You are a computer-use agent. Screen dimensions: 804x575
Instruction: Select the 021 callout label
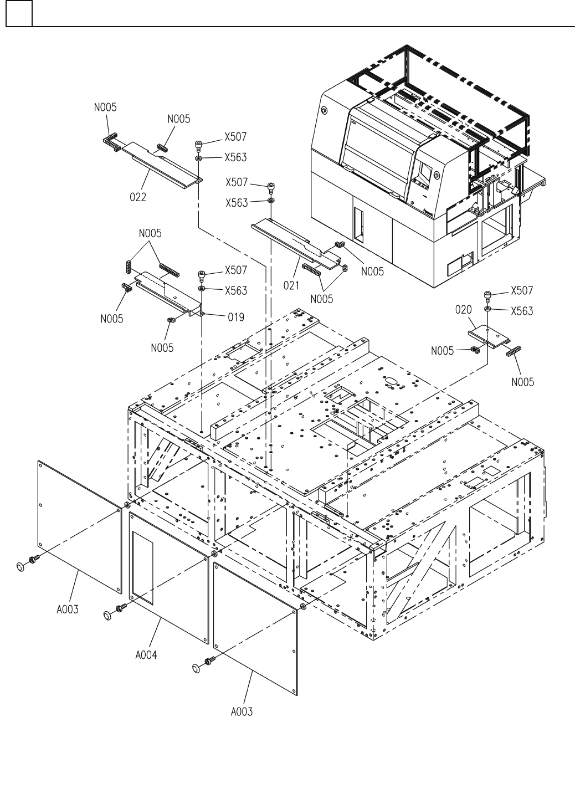click(291, 285)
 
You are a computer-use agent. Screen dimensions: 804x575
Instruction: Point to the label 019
click(235, 317)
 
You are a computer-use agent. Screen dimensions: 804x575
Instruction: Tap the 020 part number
click(463, 310)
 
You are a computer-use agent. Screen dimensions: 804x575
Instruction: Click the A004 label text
click(146, 654)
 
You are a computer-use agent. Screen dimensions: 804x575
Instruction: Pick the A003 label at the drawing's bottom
click(242, 711)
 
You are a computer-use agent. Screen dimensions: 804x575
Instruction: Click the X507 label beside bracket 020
click(522, 290)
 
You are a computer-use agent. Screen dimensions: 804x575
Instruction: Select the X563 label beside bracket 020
click(522, 311)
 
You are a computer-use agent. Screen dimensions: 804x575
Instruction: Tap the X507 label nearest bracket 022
click(235, 137)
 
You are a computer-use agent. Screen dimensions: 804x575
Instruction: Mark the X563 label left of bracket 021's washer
click(237, 203)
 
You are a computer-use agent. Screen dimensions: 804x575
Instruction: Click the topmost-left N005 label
click(105, 107)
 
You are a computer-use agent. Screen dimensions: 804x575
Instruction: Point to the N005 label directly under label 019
click(162, 348)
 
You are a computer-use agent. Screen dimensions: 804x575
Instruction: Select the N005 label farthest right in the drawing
click(523, 382)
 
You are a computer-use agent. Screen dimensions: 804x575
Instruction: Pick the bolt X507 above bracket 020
click(487, 294)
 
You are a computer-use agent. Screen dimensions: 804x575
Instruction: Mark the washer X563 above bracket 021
click(271, 199)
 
